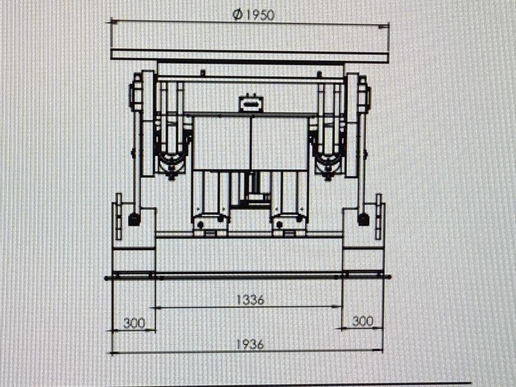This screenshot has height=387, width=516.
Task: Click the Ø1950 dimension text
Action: (253, 15)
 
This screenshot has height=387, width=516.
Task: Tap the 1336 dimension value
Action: (251, 300)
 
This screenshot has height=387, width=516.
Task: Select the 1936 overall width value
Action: (251, 344)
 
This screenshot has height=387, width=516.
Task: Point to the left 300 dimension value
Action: (134, 323)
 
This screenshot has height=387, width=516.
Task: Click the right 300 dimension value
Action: (363, 321)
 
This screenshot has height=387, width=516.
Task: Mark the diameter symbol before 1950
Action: (237, 15)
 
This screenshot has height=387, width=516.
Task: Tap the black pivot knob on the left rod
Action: (134, 219)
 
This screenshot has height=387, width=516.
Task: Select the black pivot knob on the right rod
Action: (363, 219)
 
